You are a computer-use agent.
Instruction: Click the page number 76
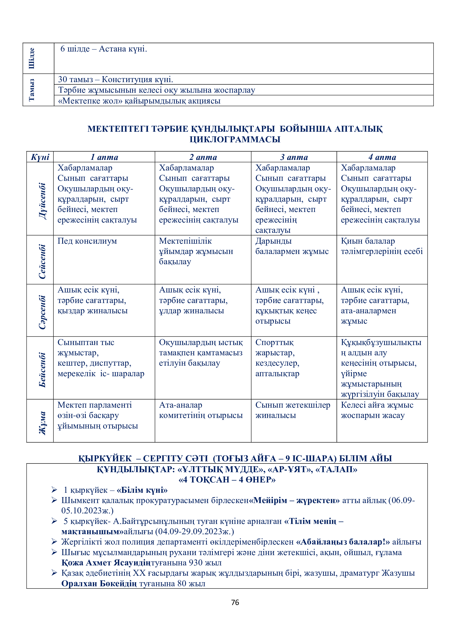click(x=235, y=602)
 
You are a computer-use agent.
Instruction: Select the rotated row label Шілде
click(x=32, y=58)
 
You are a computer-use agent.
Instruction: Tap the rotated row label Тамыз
click(x=32, y=90)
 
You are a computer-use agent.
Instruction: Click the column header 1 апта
click(x=104, y=157)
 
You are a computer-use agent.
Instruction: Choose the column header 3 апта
click(x=294, y=157)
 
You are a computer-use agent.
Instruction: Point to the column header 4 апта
click(x=382, y=157)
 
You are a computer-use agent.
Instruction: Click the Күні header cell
click(x=40, y=157)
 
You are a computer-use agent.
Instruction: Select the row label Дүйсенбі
click(x=42, y=201)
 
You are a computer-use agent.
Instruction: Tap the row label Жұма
click(x=42, y=423)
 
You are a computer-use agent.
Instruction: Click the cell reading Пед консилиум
click(x=87, y=241)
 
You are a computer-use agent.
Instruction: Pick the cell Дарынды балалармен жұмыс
click(x=292, y=246)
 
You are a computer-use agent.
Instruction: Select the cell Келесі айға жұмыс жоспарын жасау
click(x=377, y=410)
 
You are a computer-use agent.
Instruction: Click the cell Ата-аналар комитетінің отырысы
click(x=201, y=410)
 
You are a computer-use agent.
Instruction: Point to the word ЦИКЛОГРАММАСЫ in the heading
click(x=235, y=139)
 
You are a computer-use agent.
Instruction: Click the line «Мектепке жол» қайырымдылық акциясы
click(x=139, y=101)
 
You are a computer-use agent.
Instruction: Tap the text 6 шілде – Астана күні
click(x=104, y=49)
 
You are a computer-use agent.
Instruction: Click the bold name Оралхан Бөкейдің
click(x=99, y=584)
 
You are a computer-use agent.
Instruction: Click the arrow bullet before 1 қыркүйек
click(x=54, y=490)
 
